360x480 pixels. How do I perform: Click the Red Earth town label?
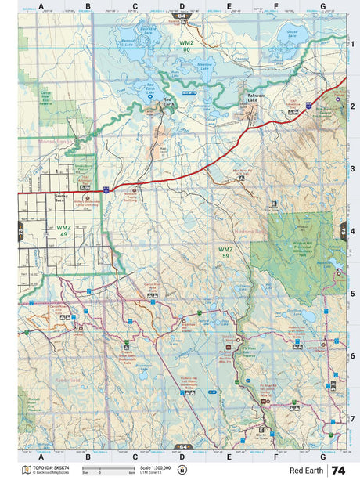click(x=167, y=101)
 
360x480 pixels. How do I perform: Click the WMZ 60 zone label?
click(x=185, y=46)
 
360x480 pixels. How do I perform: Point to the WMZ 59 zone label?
click(x=225, y=251)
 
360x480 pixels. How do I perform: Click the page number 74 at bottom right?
click(x=338, y=471)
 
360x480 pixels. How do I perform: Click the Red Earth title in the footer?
click(x=305, y=471)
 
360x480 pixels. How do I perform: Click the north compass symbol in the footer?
click(x=182, y=471)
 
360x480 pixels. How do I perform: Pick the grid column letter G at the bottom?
click(x=322, y=456)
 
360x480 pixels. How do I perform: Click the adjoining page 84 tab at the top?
click(x=182, y=16)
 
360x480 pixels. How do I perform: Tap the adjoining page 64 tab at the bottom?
click(x=182, y=447)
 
